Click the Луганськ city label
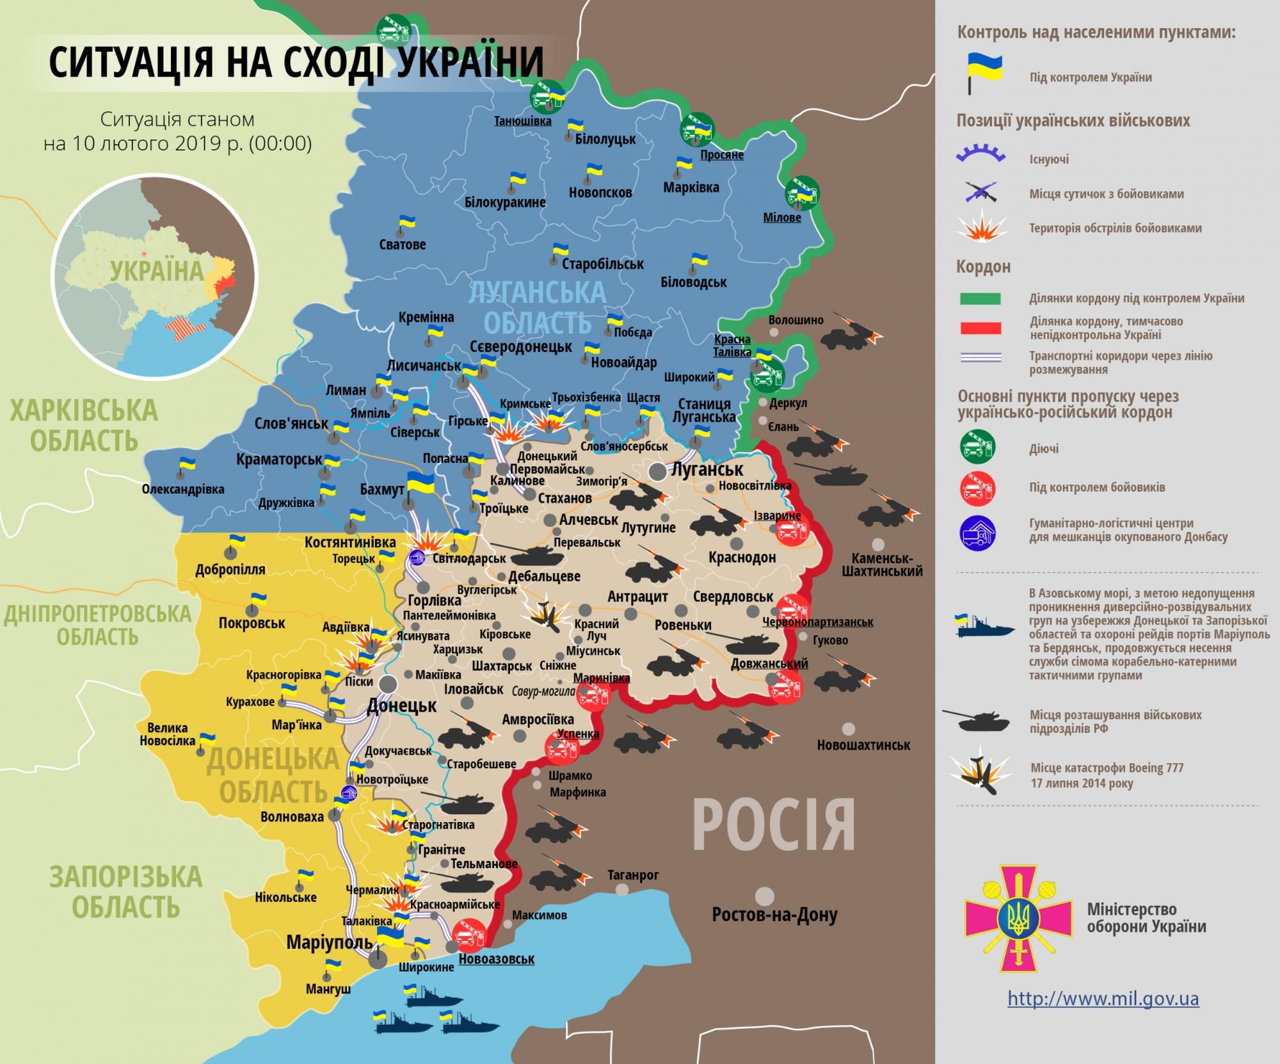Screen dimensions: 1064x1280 pos(707,469)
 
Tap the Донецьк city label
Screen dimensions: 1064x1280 pos(401,706)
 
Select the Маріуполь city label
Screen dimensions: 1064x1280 pos(329,942)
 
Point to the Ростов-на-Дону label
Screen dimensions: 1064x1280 pos(774,915)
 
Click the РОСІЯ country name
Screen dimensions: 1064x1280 pos(774,825)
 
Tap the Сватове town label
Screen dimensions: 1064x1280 pos(402,245)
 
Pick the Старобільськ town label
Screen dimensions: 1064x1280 pos(603,264)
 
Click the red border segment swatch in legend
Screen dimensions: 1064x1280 pos(980,328)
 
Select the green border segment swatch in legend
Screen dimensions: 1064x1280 pos(980,298)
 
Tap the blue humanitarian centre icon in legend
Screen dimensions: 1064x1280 pos(977,531)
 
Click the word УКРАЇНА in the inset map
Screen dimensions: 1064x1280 pos(156,270)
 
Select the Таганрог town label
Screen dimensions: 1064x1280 pos(633,875)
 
